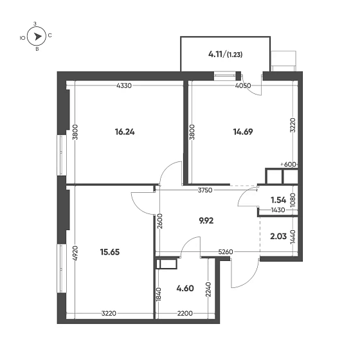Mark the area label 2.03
[x=279, y=236]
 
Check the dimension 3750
[x=206, y=190]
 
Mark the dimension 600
[x=289, y=165]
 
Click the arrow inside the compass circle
[x=38, y=37]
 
